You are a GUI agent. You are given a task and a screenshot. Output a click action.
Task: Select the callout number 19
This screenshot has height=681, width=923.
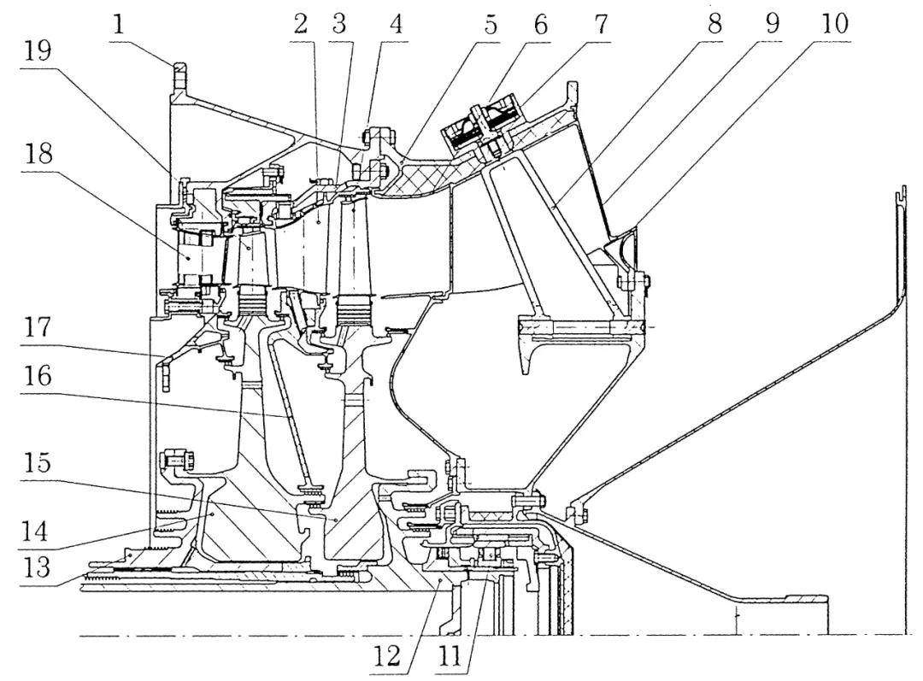[38, 51]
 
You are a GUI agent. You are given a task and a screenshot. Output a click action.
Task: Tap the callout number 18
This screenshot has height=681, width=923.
[38, 154]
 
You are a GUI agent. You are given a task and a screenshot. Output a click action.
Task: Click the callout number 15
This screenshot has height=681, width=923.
[38, 462]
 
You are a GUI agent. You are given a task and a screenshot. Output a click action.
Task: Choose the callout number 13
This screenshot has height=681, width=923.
[37, 568]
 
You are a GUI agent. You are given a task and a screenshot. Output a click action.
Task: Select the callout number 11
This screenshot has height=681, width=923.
[451, 656]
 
